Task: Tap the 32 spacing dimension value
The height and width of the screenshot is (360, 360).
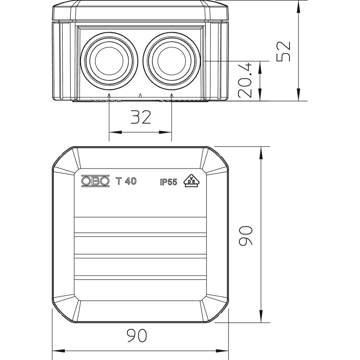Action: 140,118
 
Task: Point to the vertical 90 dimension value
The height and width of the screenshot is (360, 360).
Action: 246,236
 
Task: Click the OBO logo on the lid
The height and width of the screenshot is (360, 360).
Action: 95,181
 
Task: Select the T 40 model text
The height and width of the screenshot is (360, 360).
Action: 126,181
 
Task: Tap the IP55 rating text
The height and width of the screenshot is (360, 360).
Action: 168,182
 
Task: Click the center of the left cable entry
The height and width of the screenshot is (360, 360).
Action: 109,59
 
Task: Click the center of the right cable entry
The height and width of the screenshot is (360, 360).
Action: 172,59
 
